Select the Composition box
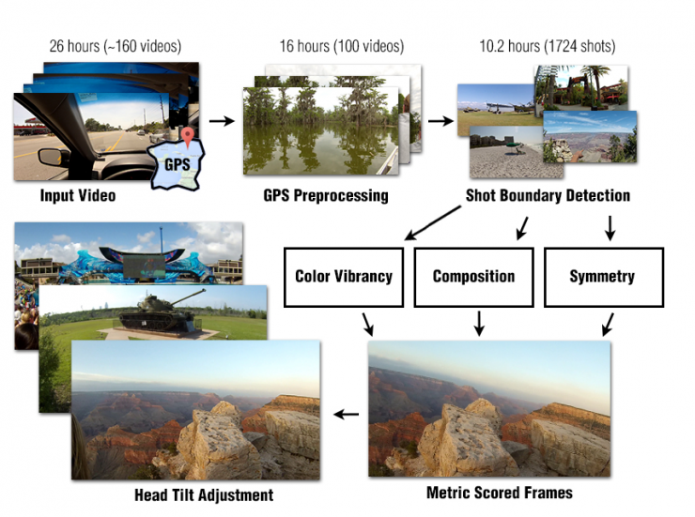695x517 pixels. [x=474, y=277]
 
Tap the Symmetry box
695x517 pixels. [x=603, y=277]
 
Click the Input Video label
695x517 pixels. [x=78, y=196]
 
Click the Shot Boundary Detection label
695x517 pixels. [x=548, y=196]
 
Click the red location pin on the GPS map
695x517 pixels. [x=189, y=138]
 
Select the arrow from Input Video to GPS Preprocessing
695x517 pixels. [x=222, y=120]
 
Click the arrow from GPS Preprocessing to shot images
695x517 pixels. [x=438, y=120]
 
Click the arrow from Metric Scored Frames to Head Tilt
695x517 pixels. [x=347, y=414]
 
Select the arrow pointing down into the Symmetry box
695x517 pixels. [x=610, y=226]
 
